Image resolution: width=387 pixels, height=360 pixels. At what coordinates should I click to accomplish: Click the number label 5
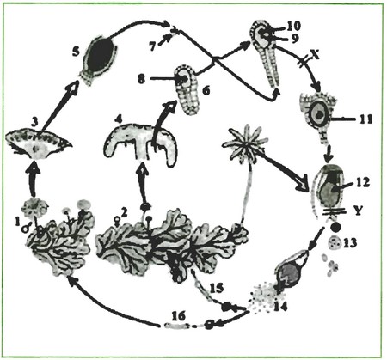coord(76,53)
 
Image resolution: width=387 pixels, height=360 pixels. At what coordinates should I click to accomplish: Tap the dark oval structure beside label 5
coord(98,58)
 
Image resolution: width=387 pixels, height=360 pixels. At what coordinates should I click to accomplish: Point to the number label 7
coord(153,46)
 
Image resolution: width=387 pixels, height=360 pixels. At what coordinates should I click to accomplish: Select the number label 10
coord(293,27)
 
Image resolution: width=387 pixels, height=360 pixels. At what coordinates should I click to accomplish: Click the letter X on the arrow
coord(315,56)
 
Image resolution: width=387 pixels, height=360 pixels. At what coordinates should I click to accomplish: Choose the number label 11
coord(365,119)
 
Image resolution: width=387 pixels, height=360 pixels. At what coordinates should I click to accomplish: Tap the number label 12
coord(362,182)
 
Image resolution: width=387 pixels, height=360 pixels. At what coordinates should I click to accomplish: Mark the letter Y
coord(357,211)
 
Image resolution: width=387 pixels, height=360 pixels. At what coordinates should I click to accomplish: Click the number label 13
coord(349,243)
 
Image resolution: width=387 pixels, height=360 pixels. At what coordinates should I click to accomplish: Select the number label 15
coord(217,288)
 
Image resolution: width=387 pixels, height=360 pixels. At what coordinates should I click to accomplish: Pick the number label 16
coord(178,316)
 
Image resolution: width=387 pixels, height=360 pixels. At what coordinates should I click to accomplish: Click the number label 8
coord(141,79)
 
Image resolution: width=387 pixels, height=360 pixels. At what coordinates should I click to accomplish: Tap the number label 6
coord(206,90)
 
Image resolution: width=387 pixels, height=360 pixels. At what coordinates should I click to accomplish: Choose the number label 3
coord(34,122)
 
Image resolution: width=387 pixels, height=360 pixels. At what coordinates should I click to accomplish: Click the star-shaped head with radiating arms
coord(243,142)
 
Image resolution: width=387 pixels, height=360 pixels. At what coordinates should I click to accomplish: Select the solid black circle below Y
coord(335,227)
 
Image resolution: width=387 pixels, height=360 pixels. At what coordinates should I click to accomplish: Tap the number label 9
coord(295,39)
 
